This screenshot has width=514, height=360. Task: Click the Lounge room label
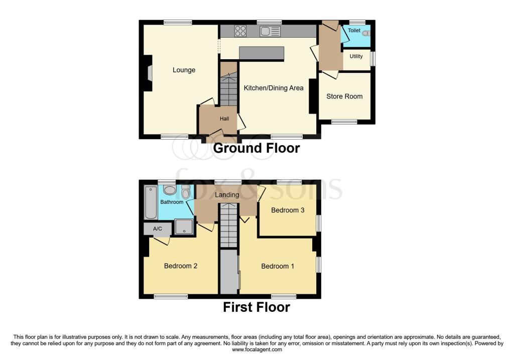[184, 70]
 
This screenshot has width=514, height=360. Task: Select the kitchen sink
[270, 31]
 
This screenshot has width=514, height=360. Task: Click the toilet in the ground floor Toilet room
[365, 33]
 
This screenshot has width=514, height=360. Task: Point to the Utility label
[356, 57]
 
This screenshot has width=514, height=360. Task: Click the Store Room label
[344, 96]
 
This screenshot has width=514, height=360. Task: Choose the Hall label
[224, 119]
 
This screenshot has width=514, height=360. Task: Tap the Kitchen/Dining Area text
[274, 88]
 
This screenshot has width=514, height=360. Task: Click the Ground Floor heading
[256, 148]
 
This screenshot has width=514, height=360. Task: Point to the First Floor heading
[256, 307]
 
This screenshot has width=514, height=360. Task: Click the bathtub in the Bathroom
[151, 202]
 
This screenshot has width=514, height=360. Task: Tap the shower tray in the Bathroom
[184, 226]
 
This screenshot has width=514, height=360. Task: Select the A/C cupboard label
[157, 229]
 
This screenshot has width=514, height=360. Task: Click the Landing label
[227, 195]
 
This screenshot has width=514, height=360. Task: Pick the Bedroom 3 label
[288, 210]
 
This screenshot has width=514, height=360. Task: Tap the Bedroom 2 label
[181, 266]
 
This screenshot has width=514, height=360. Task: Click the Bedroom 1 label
[278, 266]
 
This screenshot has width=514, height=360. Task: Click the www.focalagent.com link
[256, 350]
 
